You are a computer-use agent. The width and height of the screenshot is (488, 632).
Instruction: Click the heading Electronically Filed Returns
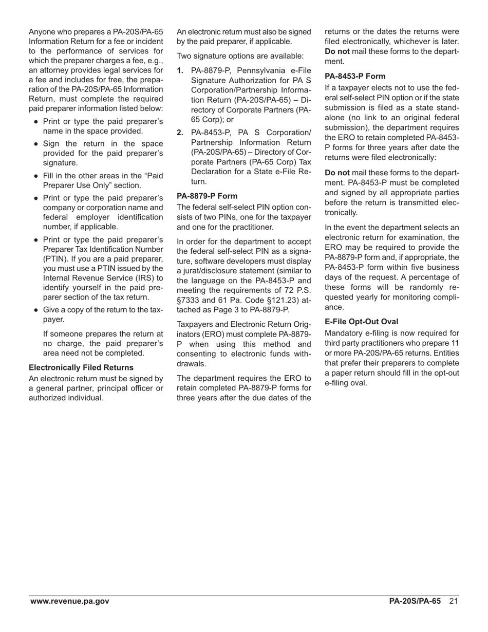point(81,367)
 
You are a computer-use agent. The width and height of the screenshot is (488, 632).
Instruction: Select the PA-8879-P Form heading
point(207,196)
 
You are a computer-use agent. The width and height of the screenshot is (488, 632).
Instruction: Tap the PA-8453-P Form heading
point(355,76)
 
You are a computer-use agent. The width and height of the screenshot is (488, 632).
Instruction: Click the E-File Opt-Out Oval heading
point(362,322)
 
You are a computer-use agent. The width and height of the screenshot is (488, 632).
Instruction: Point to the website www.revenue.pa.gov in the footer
point(69,601)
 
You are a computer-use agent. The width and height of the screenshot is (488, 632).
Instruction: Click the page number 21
point(453,601)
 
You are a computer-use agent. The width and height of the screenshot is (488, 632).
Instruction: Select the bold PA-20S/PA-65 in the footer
point(415,601)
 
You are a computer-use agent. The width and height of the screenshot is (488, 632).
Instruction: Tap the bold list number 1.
point(180,70)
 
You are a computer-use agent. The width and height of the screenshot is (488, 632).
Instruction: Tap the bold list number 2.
point(180,133)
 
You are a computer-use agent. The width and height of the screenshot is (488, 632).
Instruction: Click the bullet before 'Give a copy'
point(35,310)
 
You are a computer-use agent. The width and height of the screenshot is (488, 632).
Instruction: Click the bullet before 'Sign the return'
point(35,144)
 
